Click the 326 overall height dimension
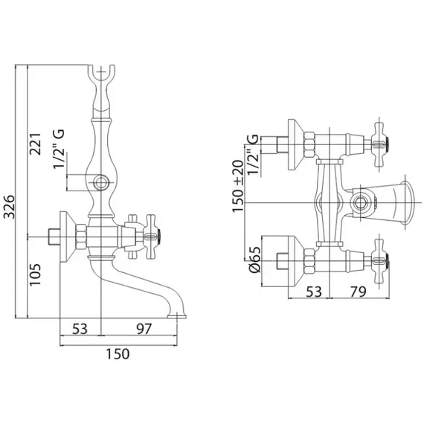click(10, 206)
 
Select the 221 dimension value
click(36, 144)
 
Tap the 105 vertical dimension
click(36, 274)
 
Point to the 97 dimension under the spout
click(144, 329)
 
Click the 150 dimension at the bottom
click(118, 354)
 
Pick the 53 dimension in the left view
click(80, 329)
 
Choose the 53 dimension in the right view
click(314, 292)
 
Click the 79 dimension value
click(359, 292)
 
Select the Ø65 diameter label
click(255, 260)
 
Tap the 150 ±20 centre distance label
click(238, 186)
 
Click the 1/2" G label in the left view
click(59, 149)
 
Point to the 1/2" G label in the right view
click(254, 155)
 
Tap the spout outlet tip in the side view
click(177, 316)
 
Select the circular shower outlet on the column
click(100, 183)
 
